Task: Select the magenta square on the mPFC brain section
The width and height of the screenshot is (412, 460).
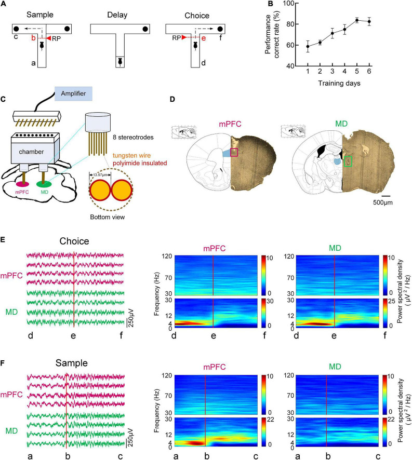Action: [235, 152]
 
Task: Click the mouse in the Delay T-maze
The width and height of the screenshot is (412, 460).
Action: [120, 61]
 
